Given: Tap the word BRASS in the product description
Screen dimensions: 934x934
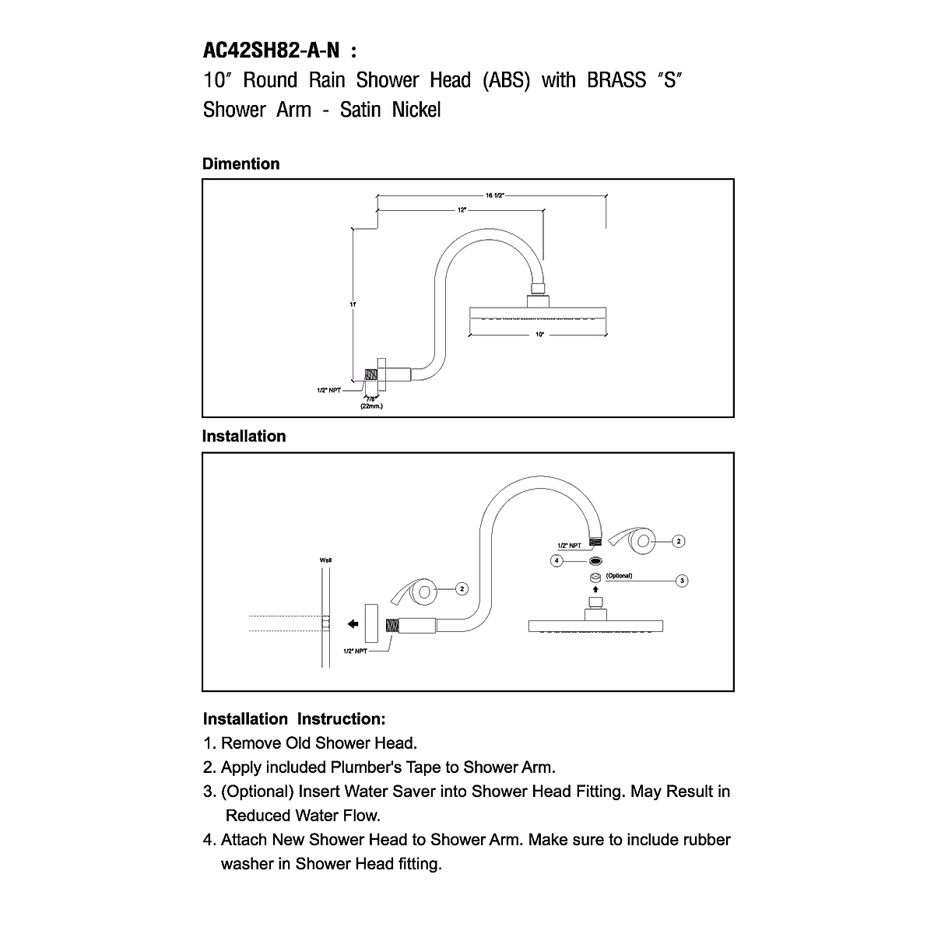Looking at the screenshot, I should coord(616,80).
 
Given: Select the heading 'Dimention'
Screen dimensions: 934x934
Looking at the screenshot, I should coord(241,164).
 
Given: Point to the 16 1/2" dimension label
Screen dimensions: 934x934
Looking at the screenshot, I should coord(496,195).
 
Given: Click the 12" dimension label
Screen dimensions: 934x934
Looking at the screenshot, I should coord(462,210).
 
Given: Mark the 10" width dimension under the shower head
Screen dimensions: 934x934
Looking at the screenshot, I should coord(539,334).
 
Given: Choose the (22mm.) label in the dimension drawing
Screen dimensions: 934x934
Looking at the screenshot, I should coord(370,406).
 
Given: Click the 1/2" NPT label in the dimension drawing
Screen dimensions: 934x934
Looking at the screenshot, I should coord(328,390).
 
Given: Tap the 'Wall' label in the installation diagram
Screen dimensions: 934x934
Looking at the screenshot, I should coord(325,560).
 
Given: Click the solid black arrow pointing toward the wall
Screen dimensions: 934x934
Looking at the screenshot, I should coord(353,623).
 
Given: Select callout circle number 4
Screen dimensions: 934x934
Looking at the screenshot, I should coord(557,560).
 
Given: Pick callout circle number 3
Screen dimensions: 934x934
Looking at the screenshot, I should coord(683,581).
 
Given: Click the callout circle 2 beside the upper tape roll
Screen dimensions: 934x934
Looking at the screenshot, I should coord(679,541).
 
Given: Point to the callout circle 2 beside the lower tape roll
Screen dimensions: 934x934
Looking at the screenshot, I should coord(462,589).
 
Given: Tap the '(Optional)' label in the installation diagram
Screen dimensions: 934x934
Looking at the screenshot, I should coord(620,576).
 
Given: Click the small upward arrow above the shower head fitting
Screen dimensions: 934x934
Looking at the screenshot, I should coord(595,589).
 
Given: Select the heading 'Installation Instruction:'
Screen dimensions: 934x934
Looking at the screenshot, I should coord(294,719).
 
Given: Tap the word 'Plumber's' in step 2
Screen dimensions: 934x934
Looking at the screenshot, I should coord(364,767).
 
